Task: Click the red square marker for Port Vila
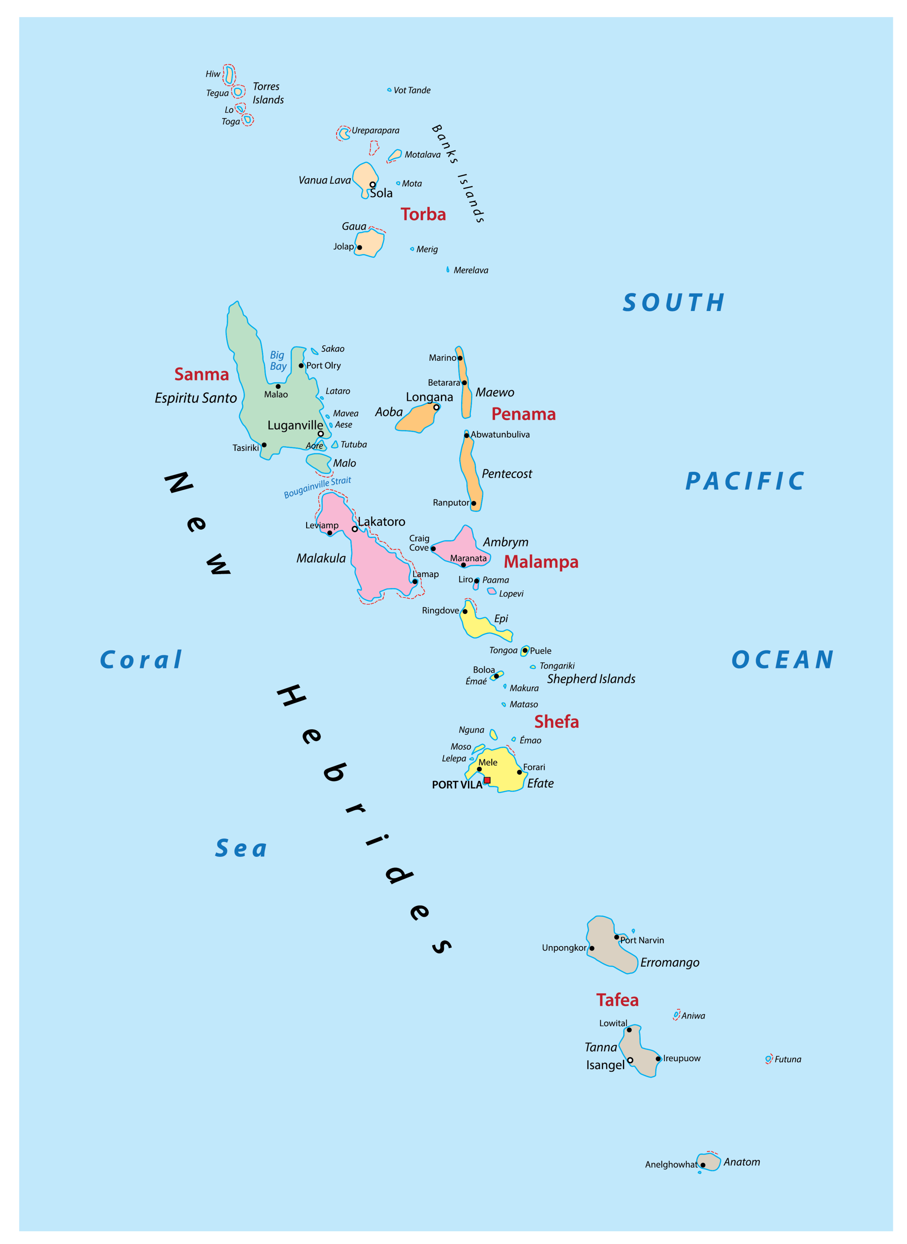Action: point(487,780)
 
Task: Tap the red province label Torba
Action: point(423,214)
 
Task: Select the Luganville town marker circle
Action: point(321,434)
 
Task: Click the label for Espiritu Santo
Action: point(196,398)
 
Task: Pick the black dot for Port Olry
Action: point(301,365)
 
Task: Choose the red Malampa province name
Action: point(541,562)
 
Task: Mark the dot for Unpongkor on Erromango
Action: point(591,948)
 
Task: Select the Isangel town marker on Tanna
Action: point(630,1060)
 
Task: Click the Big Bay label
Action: point(278,360)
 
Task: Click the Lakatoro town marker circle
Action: point(355,529)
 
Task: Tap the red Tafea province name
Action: point(617,1000)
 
